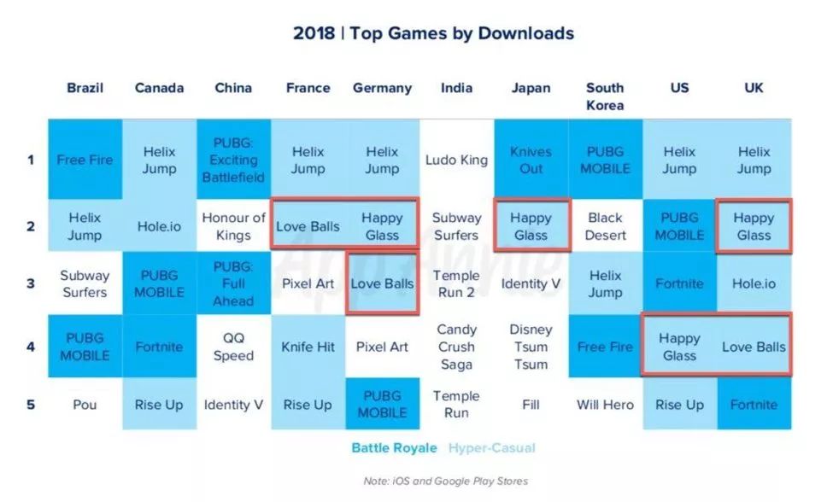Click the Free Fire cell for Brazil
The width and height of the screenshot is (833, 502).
(85, 160)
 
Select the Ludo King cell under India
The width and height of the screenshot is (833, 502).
(456, 160)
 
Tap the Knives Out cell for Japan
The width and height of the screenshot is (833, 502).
(531, 160)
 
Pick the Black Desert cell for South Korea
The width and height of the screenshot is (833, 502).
(605, 226)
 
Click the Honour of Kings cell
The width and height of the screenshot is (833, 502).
(233, 226)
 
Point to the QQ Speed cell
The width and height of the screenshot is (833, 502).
(233, 347)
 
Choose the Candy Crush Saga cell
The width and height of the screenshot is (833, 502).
(456, 347)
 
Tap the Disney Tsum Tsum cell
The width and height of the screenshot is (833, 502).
(531, 347)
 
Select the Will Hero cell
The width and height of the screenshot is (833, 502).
(605, 405)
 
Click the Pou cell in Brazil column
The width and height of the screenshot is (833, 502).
(85, 405)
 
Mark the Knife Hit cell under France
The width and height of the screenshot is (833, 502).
(308, 347)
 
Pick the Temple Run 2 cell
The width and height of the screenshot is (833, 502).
(456, 283)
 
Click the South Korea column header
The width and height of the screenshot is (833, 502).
(605, 96)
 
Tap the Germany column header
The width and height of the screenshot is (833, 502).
(382, 88)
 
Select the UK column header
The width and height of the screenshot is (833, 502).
(754, 88)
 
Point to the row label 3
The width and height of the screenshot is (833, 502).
(31, 283)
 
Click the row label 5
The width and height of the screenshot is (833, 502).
(31, 405)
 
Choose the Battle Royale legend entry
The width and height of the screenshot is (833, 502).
(394, 448)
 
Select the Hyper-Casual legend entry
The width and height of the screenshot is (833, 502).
(492, 448)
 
